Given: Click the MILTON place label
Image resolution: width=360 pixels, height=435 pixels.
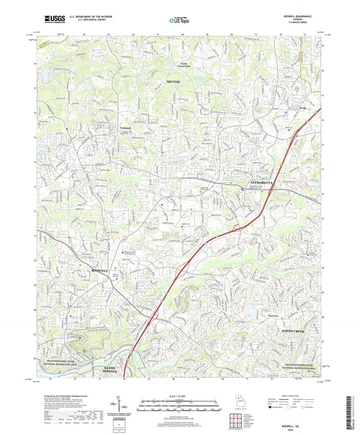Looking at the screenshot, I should point(174,81).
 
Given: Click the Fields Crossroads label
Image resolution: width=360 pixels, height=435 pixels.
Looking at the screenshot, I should point(184,66).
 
